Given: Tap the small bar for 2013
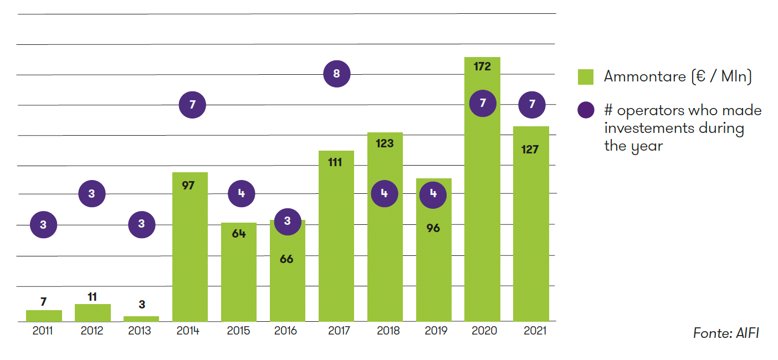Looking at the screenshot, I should coord(141,318).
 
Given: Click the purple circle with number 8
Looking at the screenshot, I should coord(337,74).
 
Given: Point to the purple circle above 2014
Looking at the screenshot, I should coord(192,105).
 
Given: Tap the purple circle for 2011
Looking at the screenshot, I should coord(43,225).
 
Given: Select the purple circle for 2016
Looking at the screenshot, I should coord(287,222).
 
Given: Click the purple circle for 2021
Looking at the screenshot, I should coord(532,105).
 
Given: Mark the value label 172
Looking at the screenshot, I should coord(483,66).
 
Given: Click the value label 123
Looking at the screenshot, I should coord(385,143).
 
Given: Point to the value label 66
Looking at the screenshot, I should coord(286,259).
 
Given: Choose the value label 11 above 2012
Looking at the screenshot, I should coord(92,296).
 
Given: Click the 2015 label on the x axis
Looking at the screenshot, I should coord(238,331).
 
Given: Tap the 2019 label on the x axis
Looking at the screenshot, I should coord(434,331).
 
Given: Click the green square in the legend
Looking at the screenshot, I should coord(586,77).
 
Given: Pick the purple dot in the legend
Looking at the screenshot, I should coord(586,110).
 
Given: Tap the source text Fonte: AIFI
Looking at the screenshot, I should coord(725,333).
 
